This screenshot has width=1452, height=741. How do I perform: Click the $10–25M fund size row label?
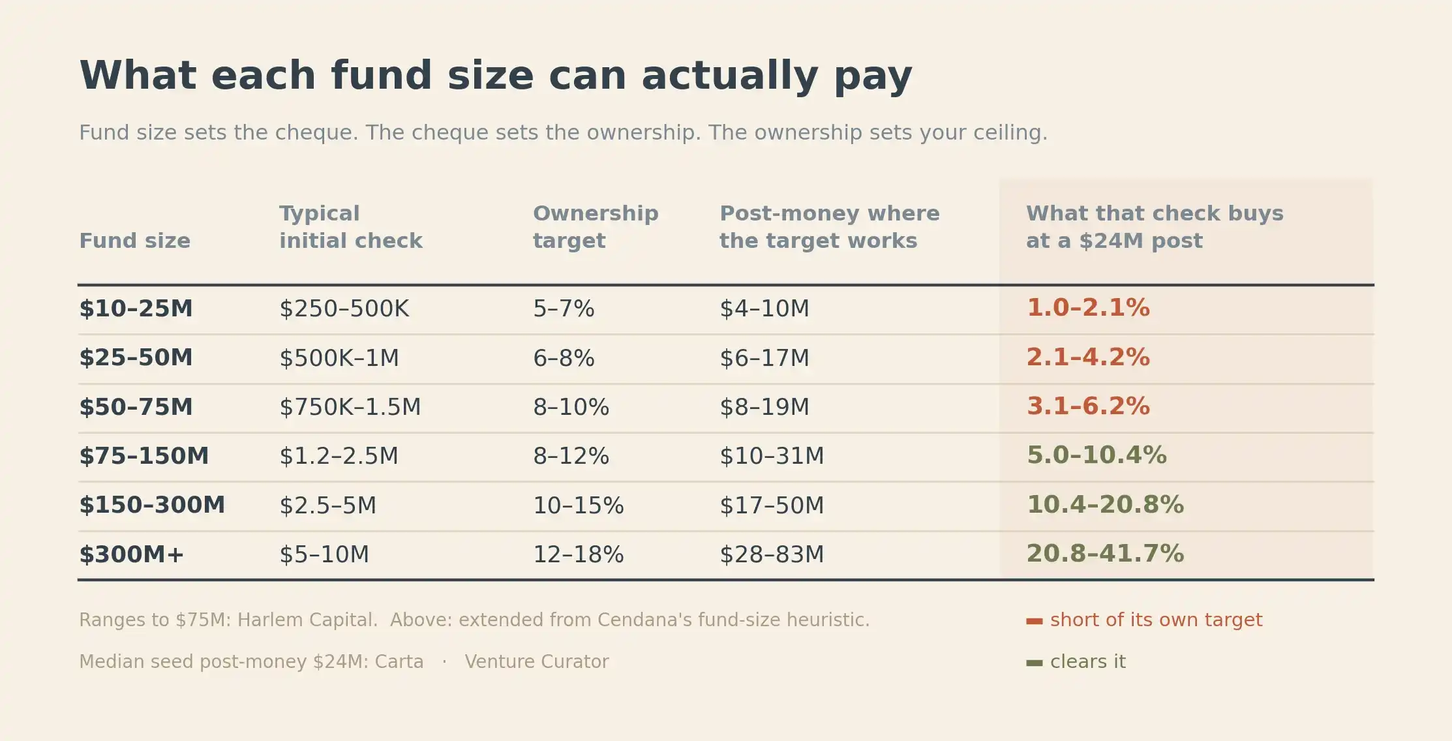point(136,309)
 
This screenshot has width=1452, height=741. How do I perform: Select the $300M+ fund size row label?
point(132,554)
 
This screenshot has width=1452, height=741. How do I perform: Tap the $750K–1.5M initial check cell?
point(350,407)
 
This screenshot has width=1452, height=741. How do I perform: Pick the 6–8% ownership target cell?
point(564,358)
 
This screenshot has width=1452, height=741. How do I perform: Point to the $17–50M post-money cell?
point(772,506)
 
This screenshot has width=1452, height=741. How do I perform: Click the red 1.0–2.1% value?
point(1088,308)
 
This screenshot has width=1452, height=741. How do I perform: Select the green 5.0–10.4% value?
point(1097,455)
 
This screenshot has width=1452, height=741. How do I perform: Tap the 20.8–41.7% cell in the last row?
point(1105,554)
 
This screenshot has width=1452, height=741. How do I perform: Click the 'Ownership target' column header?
point(596,227)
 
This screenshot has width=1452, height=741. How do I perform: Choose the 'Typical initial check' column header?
point(351,227)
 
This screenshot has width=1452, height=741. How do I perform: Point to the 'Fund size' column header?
point(135,241)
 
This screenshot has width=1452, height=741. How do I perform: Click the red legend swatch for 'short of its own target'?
point(1035,621)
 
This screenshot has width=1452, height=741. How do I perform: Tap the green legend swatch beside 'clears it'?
point(1035,663)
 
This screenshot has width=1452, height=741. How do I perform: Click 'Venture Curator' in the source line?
point(537,661)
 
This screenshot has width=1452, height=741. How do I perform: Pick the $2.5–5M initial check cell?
point(327,506)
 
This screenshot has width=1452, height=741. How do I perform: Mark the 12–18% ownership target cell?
point(578,554)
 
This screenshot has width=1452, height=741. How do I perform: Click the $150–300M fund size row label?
point(152,505)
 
